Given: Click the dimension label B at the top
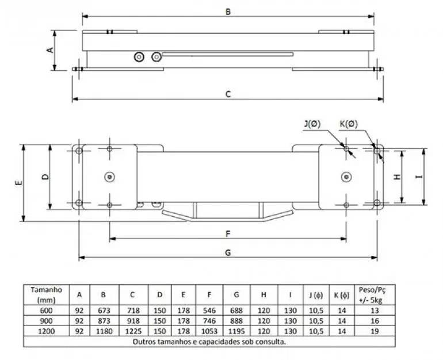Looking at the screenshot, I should [x=228, y=11].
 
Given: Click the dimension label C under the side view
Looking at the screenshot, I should [x=228, y=94].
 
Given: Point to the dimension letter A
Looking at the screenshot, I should [x=50, y=50].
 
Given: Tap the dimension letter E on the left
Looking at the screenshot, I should [x=19, y=182].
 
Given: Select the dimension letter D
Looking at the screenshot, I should [x=45, y=177].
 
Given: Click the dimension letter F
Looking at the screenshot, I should [x=228, y=233].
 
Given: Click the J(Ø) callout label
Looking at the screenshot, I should [x=314, y=124].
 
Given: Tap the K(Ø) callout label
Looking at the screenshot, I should [x=349, y=124].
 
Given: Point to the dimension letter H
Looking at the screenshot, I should [x=397, y=177].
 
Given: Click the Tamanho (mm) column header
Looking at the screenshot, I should [x=46, y=294].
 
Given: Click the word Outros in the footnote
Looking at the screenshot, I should [x=144, y=340].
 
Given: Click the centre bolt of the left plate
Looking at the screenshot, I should [x=109, y=177].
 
